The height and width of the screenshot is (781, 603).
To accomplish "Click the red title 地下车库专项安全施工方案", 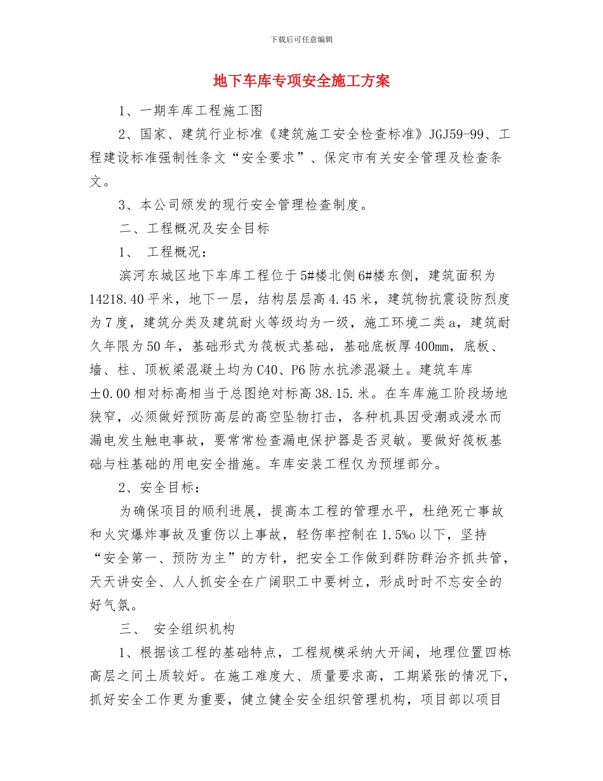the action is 301,81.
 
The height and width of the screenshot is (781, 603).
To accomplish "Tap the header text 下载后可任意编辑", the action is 301,39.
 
